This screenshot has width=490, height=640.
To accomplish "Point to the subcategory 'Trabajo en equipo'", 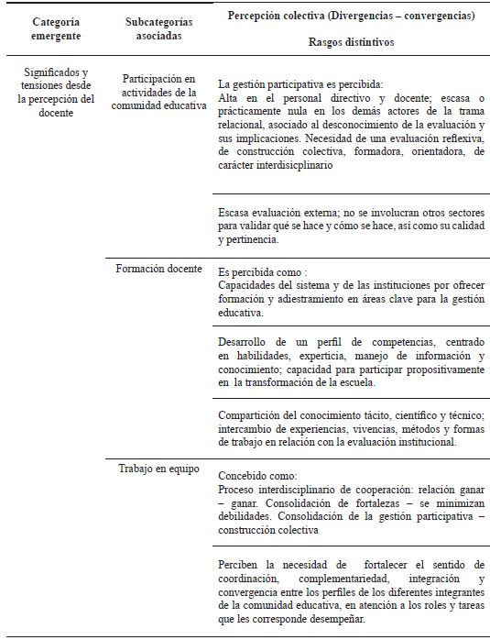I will pyautogui.click(x=153, y=469).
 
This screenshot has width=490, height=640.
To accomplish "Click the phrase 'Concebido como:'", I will pyautogui.click(x=258, y=477).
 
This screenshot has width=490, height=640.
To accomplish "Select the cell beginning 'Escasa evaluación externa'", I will pyautogui.click(x=353, y=223).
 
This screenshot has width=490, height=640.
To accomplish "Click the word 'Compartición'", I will pyautogui.click(x=255, y=414).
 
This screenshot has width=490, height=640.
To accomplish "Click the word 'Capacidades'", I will pyautogui.click(x=250, y=284).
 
